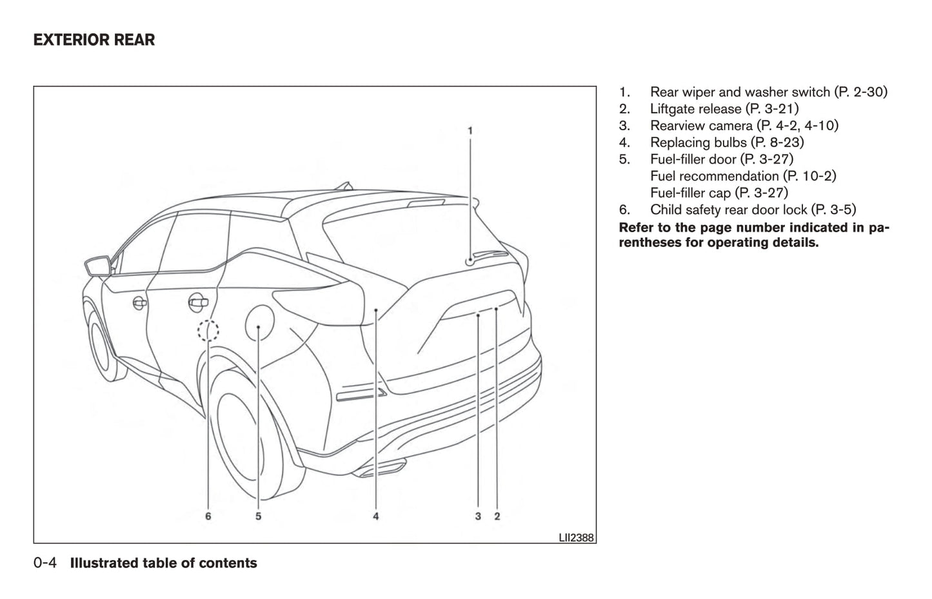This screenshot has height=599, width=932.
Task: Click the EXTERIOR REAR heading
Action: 94,40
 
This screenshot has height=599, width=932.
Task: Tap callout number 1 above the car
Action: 470,131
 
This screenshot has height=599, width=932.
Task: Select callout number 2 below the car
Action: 497,516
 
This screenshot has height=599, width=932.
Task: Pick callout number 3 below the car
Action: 478,516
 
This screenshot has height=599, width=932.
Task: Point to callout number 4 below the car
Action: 375,516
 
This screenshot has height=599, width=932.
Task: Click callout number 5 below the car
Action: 258,516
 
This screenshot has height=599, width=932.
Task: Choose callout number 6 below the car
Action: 208,516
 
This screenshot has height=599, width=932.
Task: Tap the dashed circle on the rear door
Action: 208,331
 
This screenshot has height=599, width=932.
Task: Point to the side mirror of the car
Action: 97,265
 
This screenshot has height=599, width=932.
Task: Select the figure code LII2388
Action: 576,536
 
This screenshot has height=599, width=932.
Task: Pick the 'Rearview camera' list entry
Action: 701,126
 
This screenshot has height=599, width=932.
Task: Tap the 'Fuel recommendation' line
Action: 715,176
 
